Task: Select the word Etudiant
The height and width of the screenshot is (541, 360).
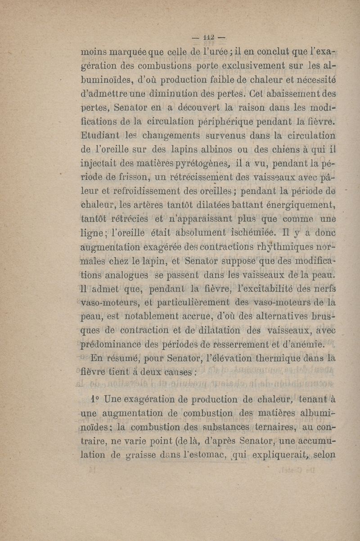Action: coord(100,135)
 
